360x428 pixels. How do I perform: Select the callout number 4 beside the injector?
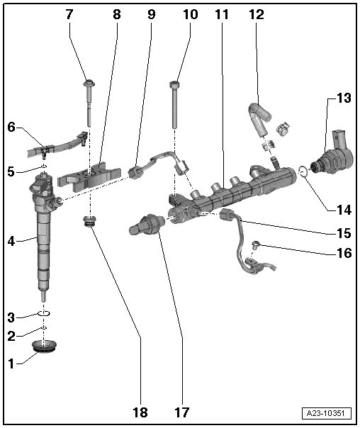(11, 241)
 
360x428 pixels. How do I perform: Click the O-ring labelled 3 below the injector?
(43, 312)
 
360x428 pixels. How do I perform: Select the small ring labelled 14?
(303, 170)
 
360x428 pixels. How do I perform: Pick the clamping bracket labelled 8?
(89, 172)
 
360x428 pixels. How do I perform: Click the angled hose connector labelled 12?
(257, 116)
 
